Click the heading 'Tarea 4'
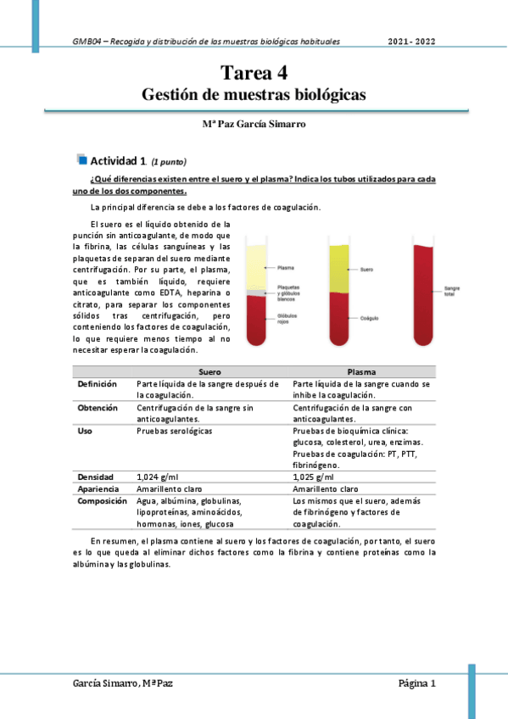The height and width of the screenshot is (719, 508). pos(254,73)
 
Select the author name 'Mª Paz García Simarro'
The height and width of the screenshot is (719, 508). pos(254,124)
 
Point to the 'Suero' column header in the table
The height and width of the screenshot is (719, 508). pos(209,371)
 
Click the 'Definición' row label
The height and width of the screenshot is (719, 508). pos(98,384)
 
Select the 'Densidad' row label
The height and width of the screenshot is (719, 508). pos(96,477)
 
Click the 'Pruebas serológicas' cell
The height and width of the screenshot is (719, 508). pos(175,431)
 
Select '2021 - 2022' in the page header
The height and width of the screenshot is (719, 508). pos(412,41)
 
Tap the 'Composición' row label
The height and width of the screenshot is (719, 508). pos(102,500)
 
